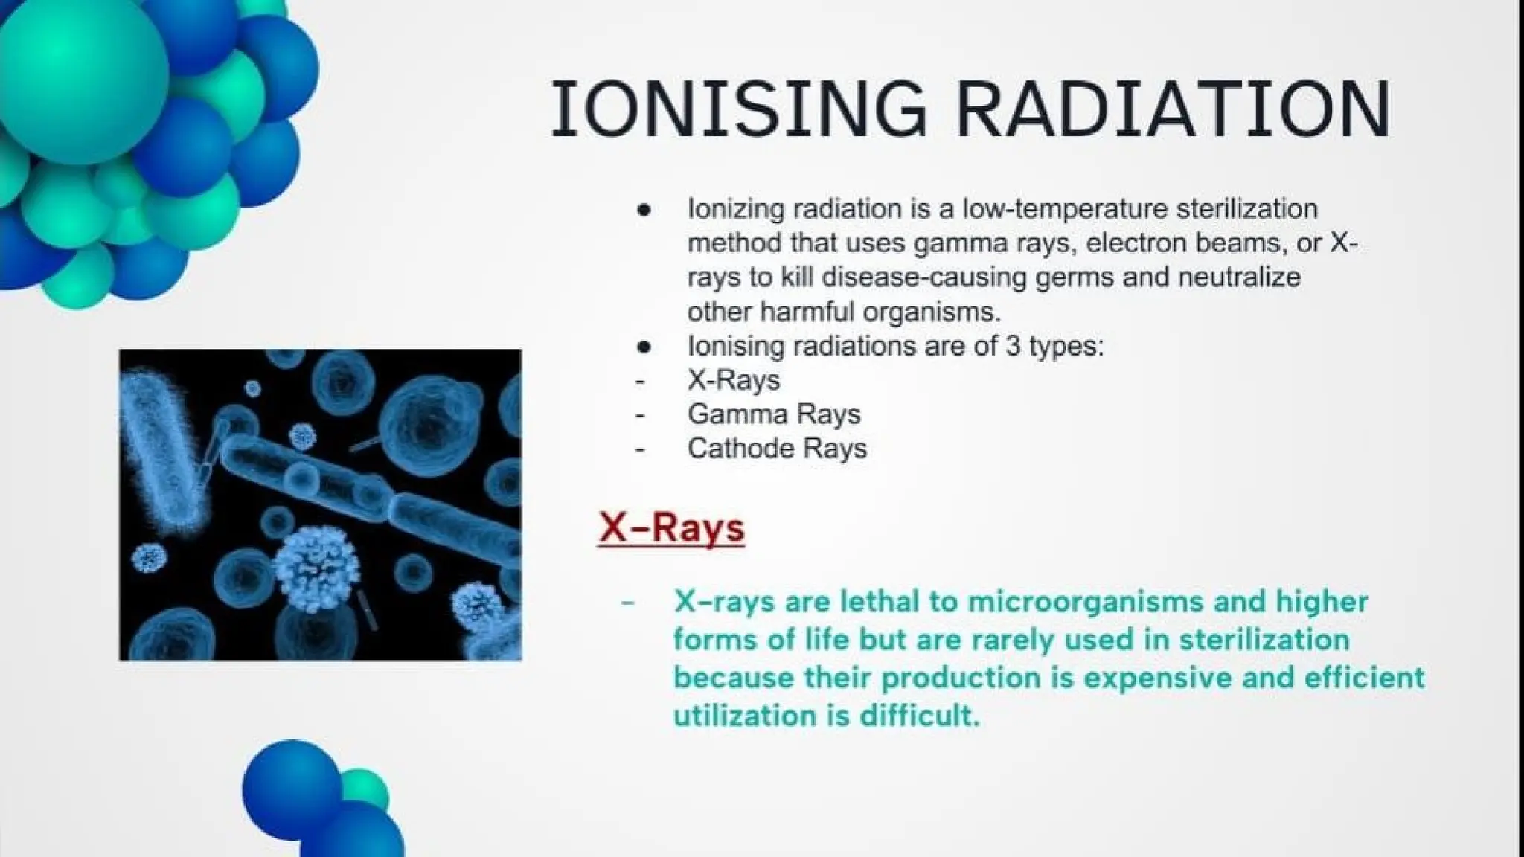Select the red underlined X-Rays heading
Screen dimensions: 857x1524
pos(671,528)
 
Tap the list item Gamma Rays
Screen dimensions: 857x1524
pos(774,414)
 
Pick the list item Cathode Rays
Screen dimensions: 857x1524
pos(777,449)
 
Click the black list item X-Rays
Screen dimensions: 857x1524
pos(734,380)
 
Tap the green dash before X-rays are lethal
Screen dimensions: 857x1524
pos(627,602)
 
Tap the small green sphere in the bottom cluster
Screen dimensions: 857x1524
pos(365,791)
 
